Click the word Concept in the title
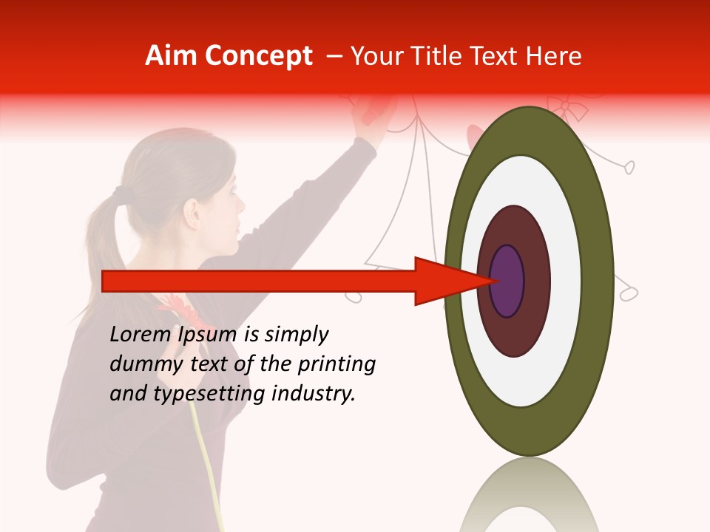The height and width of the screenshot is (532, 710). tap(259, 56)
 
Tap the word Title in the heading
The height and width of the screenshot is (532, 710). tap(460, 56)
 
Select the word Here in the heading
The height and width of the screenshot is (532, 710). tap(556, 56)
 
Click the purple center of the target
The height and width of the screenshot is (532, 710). tap(507, 282)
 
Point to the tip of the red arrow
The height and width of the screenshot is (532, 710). tap(493, 281)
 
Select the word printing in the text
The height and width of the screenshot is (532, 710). tap(336, 365)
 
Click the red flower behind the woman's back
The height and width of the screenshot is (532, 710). tap(173, 310)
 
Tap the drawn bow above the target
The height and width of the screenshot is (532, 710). tap(568, 109)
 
